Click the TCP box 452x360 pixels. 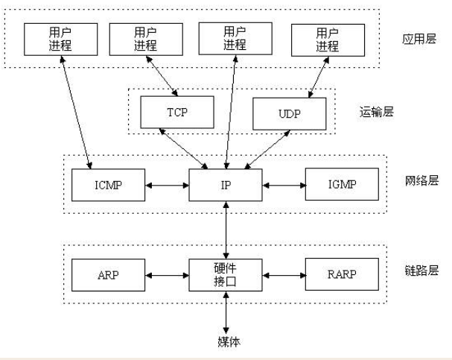pos(177,113)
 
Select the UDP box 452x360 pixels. pos(290,114)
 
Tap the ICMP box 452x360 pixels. pos(109,185)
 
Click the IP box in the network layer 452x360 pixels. pos(226,185)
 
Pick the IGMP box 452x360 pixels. pos(343,184)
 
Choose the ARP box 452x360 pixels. pos(109,275)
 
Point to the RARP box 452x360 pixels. pos(343,274)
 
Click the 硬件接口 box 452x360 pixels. pos(226,275)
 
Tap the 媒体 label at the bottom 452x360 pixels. pos(229,342)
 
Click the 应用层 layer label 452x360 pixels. pos(419,39)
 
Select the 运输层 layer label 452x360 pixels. pos(377,112)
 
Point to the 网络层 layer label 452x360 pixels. pos(421,180)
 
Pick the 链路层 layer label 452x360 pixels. pos(421,271)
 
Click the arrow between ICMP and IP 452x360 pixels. pos(168,185)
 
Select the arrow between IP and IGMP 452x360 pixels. pos(284,185)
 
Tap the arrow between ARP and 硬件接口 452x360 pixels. pos(168,276)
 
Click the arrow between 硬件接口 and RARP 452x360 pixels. pos(284,276)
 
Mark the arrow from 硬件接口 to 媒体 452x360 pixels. pos(226,313)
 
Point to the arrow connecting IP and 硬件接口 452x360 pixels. pos(226,230)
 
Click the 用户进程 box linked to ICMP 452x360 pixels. pos(61,40)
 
